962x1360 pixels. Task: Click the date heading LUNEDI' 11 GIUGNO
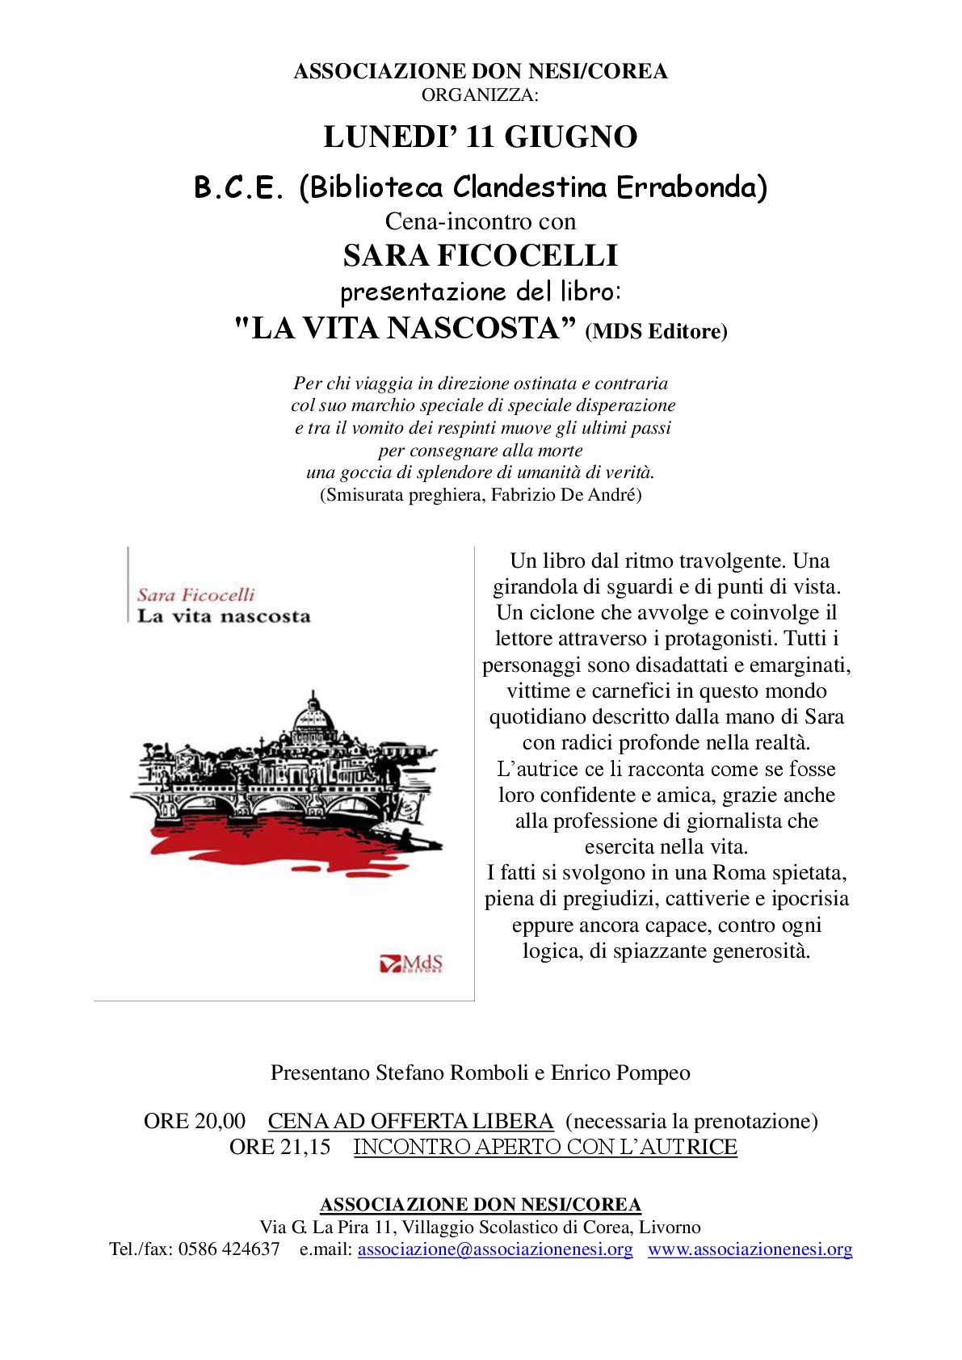coord(481,137)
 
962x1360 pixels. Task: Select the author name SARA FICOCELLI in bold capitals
coord(481,256)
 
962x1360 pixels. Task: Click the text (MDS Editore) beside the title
coord(656,331)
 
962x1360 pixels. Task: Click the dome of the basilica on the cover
coord(313,715)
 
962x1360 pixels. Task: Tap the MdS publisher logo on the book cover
coord(412,963)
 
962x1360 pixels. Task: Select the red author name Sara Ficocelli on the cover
coord(195,595)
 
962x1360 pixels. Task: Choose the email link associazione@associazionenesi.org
coord(495,1249)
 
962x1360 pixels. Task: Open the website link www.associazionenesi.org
coord(750,1249)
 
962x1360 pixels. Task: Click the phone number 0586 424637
coord(229,1249)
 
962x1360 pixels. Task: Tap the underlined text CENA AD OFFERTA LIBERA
coord(410,1121)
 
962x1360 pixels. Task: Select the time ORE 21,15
coord(279,1147)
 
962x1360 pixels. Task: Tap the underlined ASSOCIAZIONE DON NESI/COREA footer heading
coord(481,1205)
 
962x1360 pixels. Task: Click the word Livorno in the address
coord(670,1228)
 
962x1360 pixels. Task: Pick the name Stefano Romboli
coord(452,1072)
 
